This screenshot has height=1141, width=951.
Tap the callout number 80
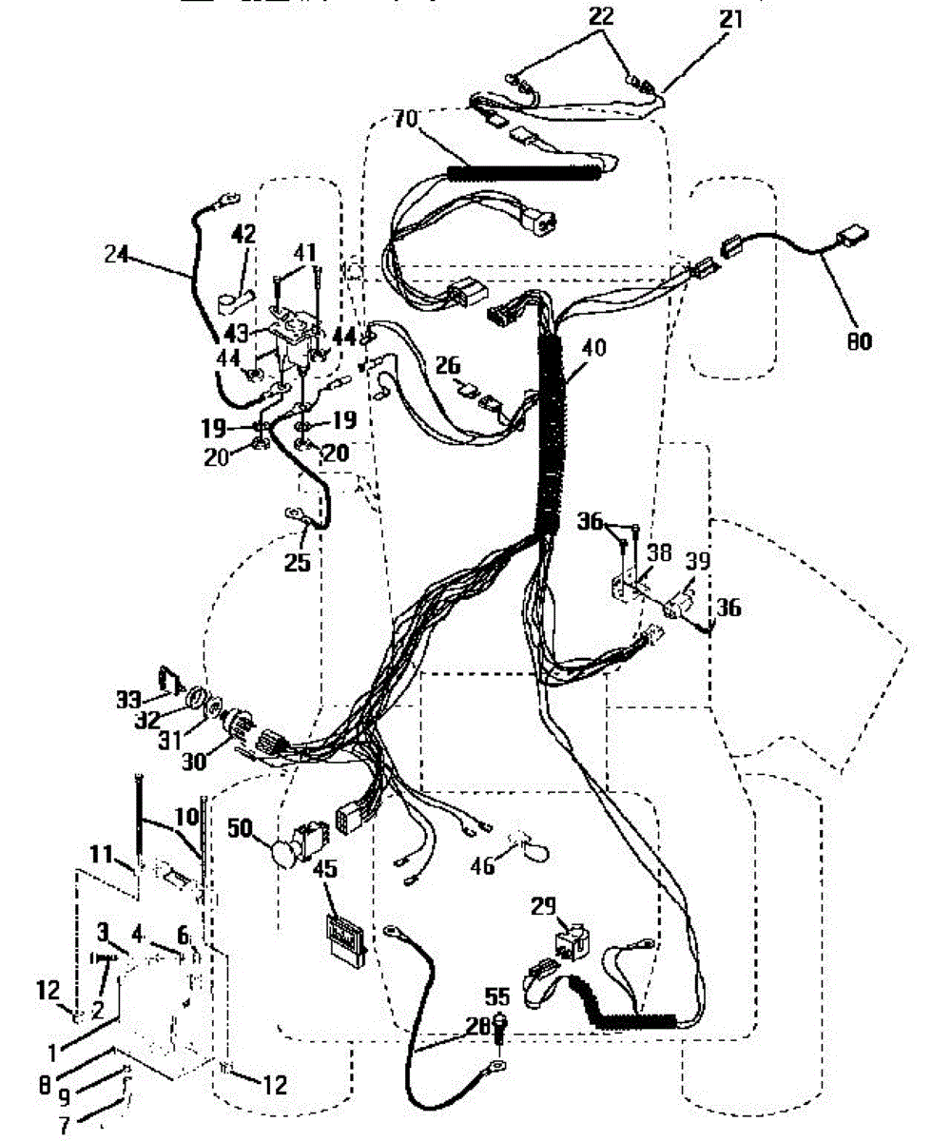pyautogui.click(x=859, y=341)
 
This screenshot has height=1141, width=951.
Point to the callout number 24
pyautogui.click(x=117, y=254)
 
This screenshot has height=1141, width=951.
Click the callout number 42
pyautogui.click(x=244, y=233)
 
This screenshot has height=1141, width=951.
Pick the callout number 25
pyautogui.click(x=298, y=563)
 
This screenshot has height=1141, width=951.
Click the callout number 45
pyautogui.click(x=326, y=869)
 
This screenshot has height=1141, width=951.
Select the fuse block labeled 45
pyautogui.click(x=344, y=934)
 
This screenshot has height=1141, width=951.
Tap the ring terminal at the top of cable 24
pyautogui.click(x=225, y=200)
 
